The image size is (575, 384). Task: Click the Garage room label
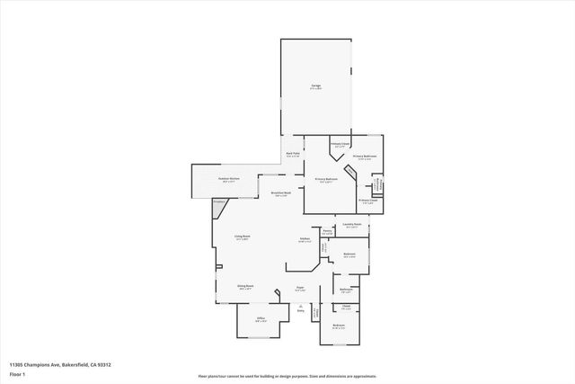pyautogui.click(x=316, y=85)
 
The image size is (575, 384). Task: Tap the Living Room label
pyautogui.click(x=242, y=237)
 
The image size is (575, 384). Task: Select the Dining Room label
pyautogui.click(x=244, y=287)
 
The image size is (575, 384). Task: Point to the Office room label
pyautogui.click(x=261, y=318)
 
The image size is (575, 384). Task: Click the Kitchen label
pyautogui.click(x=305, y=238)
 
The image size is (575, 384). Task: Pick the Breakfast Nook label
pyautogui.click(x=279, y=193)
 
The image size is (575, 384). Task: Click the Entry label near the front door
pyautogui.click(x=301, y=311)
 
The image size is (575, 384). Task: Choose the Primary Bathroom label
pyautogui.click(x=324, y=179)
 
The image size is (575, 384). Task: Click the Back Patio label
pyautogui.click(x=293, y=154)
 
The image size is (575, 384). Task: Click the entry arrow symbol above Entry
pyautogui.click(x=301, y=306)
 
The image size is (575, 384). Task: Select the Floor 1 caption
pyautogui.click(x=17, y=372)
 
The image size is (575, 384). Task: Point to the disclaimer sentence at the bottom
pyautogui.click(x=287, y=376)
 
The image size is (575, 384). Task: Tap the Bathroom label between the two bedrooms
pyautogui.click(x=346, y=289)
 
